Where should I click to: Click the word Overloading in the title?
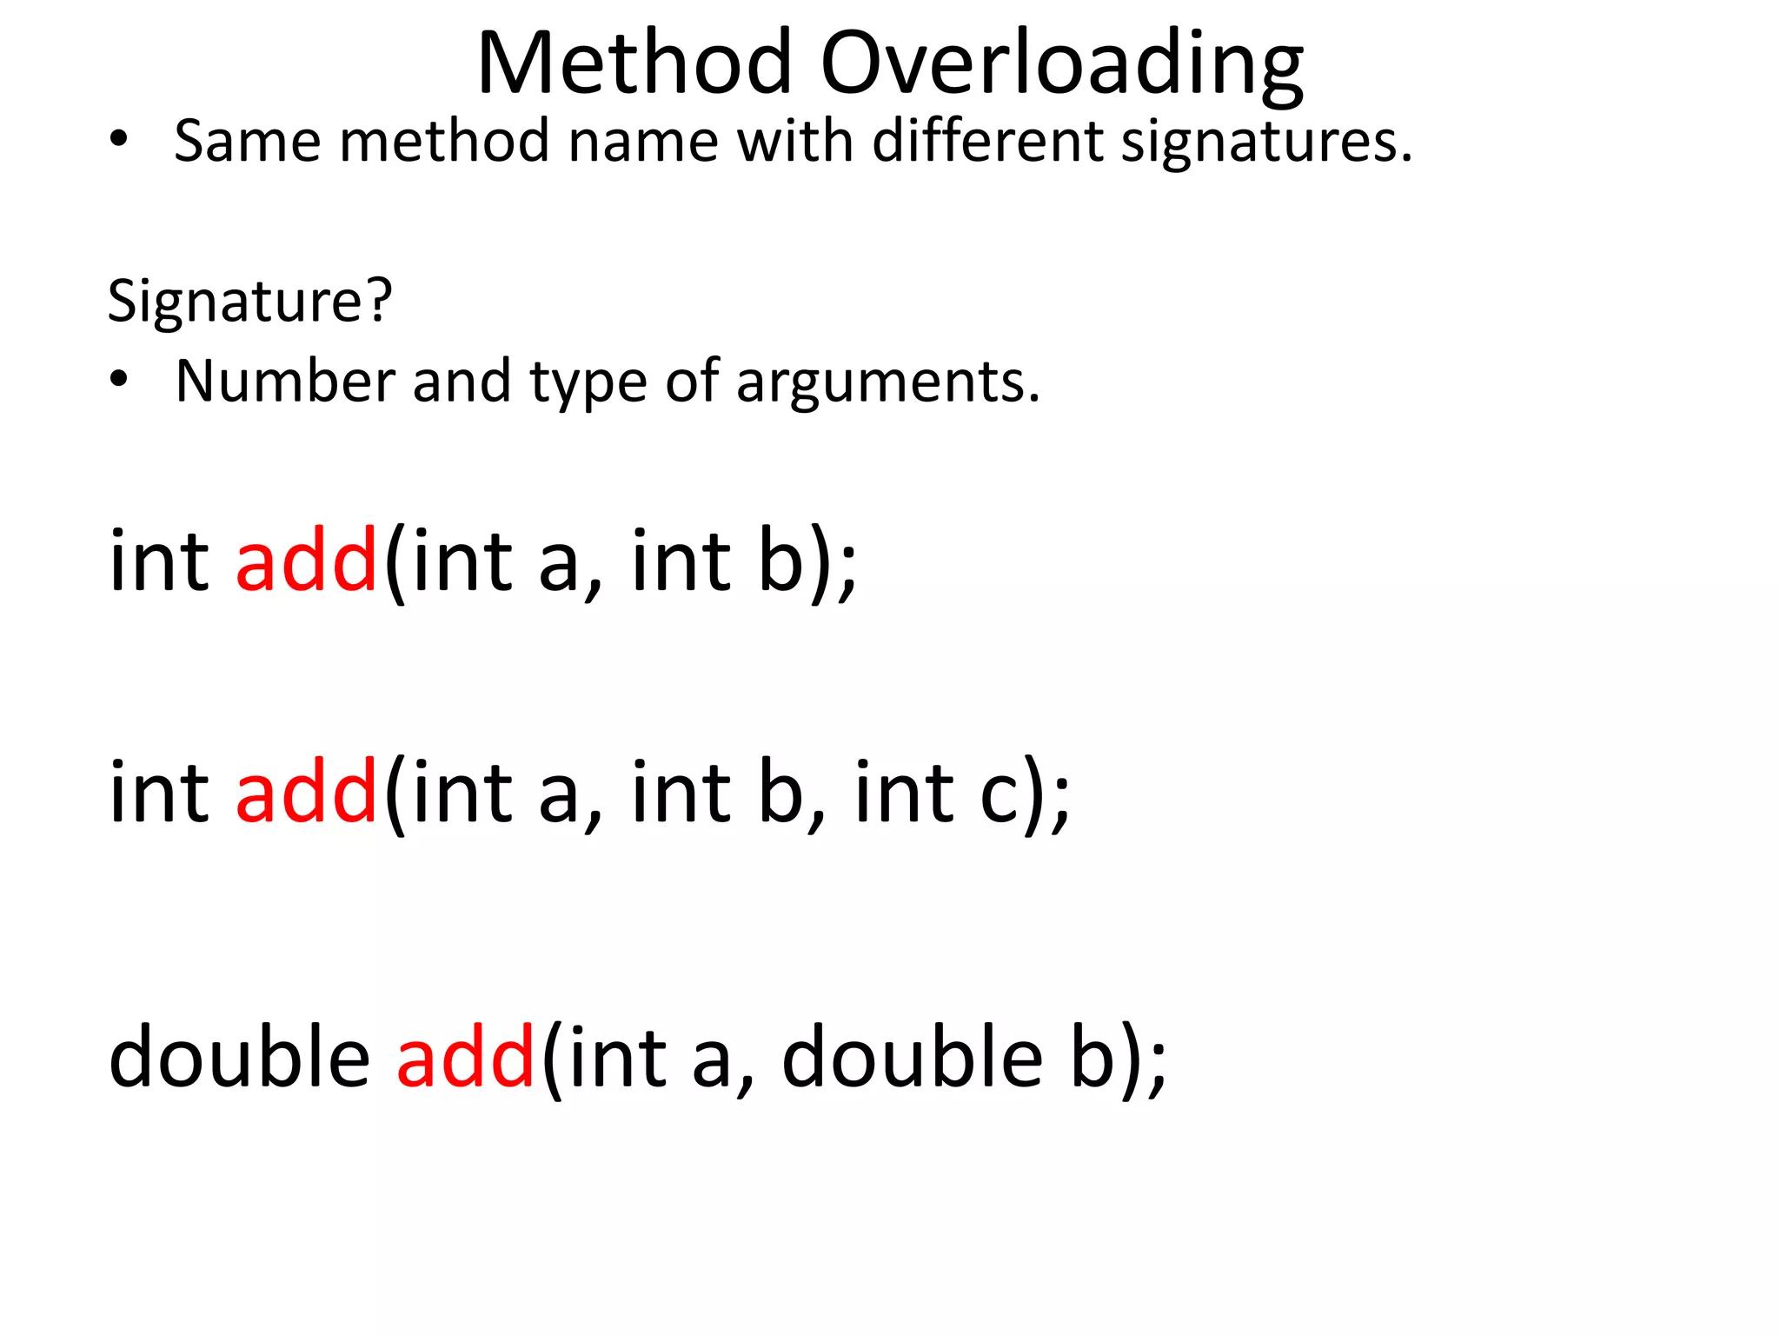1061,66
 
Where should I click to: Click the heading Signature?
249,302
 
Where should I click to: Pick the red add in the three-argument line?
306,792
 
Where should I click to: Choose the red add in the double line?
465,1057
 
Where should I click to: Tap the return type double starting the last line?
239,1057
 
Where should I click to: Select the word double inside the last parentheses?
912,1057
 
